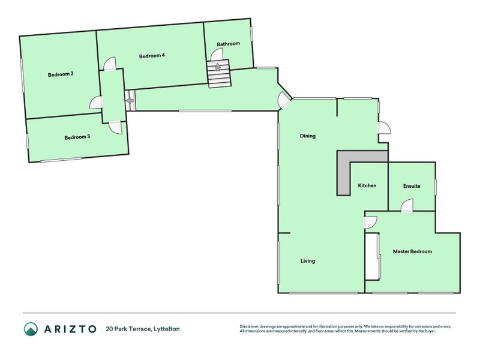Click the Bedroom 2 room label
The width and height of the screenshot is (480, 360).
click(x=61, y=74)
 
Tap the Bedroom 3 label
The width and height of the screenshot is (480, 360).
click(x=77, y=137)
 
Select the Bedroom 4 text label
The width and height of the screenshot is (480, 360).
click(x=152, y=56)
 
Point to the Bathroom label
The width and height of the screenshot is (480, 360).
click(x=228, y=44)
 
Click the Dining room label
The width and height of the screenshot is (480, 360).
click(x=307, y=136)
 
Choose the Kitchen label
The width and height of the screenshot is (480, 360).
click(x=367, y=186)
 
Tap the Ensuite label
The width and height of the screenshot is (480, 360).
click(x=412, y=186)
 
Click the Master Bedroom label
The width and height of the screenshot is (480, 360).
click(x=412, y=251)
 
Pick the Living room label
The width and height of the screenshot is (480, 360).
click(x=307, y=261)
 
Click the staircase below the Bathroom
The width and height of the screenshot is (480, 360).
click(x=218, y=74)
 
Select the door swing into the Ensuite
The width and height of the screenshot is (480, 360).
click(x=406, y=206)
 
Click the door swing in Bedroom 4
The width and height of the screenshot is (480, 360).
click(x=109, y=64)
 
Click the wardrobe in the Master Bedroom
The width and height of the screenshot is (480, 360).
click(x=373, y=257)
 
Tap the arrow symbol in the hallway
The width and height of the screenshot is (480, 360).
click(x=130, y=101)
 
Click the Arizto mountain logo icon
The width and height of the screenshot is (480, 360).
click(x=31, y=329)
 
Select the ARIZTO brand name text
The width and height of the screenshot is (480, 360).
click(x=69, y=329)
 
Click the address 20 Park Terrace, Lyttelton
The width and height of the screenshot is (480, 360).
click(x=142, y=329)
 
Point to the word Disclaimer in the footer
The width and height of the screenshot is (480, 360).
click(x=251, y=326)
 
